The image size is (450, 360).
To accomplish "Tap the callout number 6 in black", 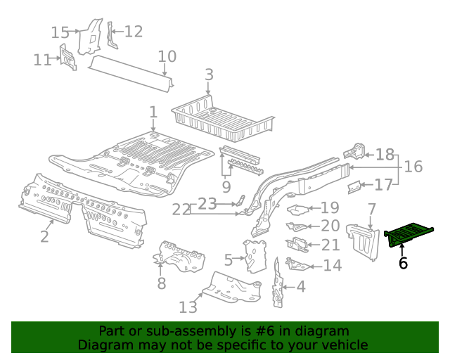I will coord(403,263).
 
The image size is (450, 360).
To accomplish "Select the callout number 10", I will coord(167,56).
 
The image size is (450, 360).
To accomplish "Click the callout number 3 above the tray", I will coord(209,75).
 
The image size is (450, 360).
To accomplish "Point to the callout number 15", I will coord(60,32).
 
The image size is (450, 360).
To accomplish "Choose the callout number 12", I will coord(133,31).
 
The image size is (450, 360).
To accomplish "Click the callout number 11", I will coord(43,60).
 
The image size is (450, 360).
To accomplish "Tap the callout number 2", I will coord(44,236).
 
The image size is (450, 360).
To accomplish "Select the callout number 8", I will coord(161,283).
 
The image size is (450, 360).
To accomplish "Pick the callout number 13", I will coord(188,307).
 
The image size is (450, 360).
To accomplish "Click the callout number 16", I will coord(413,167).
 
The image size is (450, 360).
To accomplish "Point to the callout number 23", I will coord(207,204).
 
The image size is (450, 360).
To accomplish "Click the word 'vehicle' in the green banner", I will coord(344,345).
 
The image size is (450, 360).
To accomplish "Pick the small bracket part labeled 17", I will coord(355,186).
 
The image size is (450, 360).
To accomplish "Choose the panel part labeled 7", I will coord(364,240).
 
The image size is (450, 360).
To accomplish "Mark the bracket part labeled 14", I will coord(297,264).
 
